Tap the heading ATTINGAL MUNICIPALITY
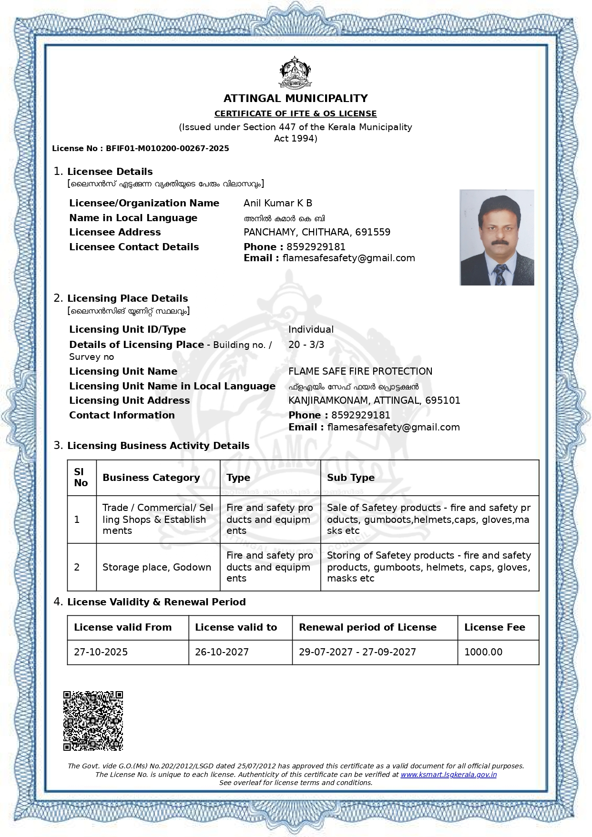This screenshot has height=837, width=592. [x=296, y=99]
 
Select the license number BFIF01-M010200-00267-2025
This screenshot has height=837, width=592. [x=167, y=149]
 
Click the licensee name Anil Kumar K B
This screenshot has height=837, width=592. [x=278, y=204]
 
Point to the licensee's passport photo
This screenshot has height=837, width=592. [x=497, y=237]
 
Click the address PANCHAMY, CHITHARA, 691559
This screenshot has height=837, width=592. [x=317, y=233]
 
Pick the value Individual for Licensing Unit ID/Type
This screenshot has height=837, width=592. [x=311, y=330]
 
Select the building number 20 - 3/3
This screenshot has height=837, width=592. [x=306, y=345]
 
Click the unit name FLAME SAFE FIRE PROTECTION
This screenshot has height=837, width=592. [x=360, y=372]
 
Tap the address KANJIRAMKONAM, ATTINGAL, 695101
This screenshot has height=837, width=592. [x=374, y=401]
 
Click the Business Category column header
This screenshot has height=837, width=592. [x=151, y=478]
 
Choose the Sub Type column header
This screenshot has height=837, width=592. [x=351, y=478]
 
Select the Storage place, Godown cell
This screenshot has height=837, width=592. [x=157, y=568]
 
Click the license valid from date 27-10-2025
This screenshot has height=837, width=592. [x=101, y=653]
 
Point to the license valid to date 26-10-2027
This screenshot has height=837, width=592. [x=222, y=653]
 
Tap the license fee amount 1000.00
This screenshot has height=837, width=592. [x=483, y=653]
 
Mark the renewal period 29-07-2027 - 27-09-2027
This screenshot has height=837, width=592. [x=357, y=653]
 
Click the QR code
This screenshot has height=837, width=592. [x=93, y=721]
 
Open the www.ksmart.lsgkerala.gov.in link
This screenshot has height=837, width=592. [x=449, y=775]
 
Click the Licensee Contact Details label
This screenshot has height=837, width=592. [x=134, y=247]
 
